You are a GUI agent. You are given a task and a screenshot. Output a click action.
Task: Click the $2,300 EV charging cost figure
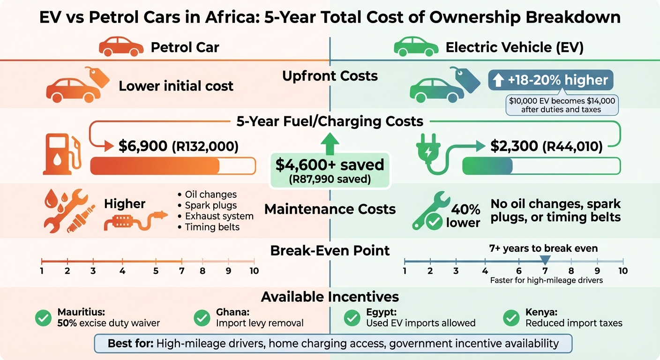(514, 146)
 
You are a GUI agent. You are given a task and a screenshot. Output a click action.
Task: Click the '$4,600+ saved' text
(330, 165)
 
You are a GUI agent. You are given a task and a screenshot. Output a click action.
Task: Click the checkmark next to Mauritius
(43, 318)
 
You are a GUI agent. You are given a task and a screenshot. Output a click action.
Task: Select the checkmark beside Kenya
(511, 318)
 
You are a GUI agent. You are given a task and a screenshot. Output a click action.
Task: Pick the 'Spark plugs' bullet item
(210, 205)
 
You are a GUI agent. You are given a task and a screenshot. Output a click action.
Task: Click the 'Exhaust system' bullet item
(218, 216)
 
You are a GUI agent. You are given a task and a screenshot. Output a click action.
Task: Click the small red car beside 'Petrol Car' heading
(121, 47)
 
